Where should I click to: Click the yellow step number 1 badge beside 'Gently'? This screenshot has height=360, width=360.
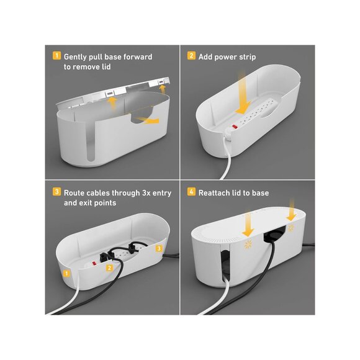[x=56, y=56]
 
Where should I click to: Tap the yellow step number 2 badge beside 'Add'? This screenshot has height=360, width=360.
[x=191, y=56]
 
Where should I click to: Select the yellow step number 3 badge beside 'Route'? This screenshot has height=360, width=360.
[x=56, y=191]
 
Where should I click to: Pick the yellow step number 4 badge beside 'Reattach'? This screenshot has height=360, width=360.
[x=191, y=191]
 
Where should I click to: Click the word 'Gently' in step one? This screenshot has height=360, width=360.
[x=75, y=57]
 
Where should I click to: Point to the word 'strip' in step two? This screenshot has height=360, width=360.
[x=247, y=57]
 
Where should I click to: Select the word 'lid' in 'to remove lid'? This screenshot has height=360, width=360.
[x=106, y=67]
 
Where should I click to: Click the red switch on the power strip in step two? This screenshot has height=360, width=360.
[x=235, y=126]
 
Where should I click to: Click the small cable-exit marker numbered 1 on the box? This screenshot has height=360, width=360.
[x=66, y=273]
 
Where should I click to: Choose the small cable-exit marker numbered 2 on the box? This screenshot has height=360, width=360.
[x=109, y=268]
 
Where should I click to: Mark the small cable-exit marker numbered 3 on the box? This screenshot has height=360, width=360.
[x=159, y=248]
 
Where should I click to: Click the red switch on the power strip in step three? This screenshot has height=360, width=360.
[x=94, y=263]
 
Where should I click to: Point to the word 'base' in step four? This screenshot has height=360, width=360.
[x=260, y=193]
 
